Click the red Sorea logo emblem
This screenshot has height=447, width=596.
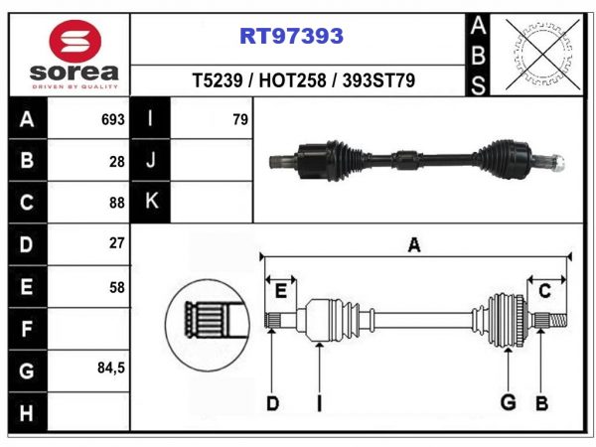74,42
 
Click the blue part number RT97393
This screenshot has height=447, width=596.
291,36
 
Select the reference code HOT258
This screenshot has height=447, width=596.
292,80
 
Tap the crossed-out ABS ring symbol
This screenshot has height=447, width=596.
542,55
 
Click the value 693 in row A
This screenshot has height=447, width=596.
113,120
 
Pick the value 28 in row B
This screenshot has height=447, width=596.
117,162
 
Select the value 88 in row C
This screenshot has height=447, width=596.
117,203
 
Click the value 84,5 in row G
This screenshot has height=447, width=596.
111,368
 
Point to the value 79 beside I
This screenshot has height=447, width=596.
240,120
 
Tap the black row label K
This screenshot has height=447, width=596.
151,202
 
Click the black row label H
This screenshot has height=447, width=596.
28,413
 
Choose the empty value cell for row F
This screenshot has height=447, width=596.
88,329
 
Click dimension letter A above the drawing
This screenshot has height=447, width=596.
414,244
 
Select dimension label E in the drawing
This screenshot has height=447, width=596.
280,291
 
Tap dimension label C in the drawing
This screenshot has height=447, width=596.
544,291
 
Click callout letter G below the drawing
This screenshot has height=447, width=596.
509,402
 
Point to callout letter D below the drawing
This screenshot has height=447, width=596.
272,403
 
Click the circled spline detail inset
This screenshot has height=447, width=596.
208,326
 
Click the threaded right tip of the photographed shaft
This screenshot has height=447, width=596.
558,163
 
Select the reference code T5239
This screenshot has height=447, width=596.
218,80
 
